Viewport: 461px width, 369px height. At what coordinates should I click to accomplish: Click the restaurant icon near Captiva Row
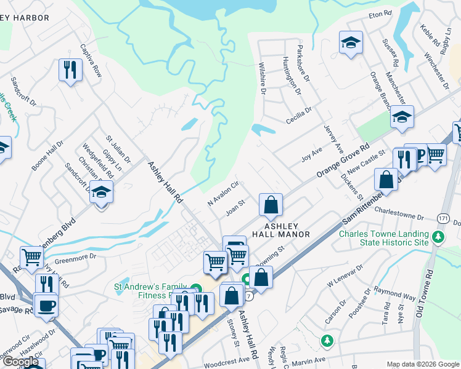pos(71,71)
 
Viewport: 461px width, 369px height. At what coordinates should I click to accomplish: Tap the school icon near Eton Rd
pos(351,43)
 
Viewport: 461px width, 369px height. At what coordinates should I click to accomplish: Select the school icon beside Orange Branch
pos(402,117)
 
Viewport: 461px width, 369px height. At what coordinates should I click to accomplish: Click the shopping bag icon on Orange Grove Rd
pos(271,205)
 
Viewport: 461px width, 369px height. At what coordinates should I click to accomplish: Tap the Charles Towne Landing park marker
pos(438,236)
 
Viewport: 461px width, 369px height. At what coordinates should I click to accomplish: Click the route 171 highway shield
pos(443,218)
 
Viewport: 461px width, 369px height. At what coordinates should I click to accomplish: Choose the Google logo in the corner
pos(21,362)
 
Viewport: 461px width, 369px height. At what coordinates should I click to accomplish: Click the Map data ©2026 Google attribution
pos(422,364)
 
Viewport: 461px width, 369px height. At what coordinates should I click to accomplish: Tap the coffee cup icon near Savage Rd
pos(46,306)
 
